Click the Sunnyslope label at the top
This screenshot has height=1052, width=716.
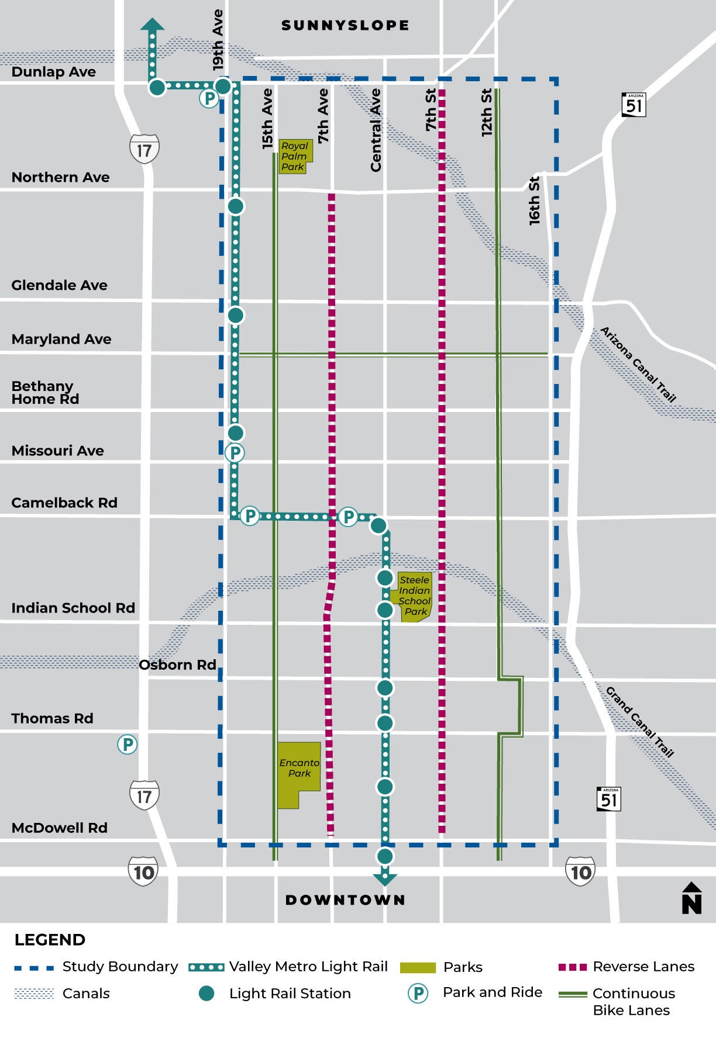(x=345, y=25)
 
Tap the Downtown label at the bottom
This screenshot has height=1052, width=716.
(x=345, y=899)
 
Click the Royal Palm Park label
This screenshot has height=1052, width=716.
(x=294, y=156)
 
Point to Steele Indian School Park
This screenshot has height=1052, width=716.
(x=415, y=596)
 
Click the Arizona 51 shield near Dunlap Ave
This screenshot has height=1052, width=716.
(x=634, y=105)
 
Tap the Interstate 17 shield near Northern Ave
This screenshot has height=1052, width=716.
(x=144, y=150)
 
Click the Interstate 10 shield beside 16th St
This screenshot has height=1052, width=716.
(x=580, y=871)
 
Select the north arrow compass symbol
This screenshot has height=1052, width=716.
(x=691, y=898)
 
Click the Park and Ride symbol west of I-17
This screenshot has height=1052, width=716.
(x=128, y=744)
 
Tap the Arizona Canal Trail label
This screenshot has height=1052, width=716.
(x=638, y=365)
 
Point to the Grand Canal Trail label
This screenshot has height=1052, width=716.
(x=640, y=722)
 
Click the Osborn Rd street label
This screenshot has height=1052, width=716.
(x=177, y=665)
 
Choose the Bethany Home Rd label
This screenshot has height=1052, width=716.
(x=45, y=393)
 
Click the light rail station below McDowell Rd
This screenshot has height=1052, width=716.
(x=385, y=856)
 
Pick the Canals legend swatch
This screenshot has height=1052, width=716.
(x=34, y=994)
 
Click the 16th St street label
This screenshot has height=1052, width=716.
(x=534, y=200)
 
